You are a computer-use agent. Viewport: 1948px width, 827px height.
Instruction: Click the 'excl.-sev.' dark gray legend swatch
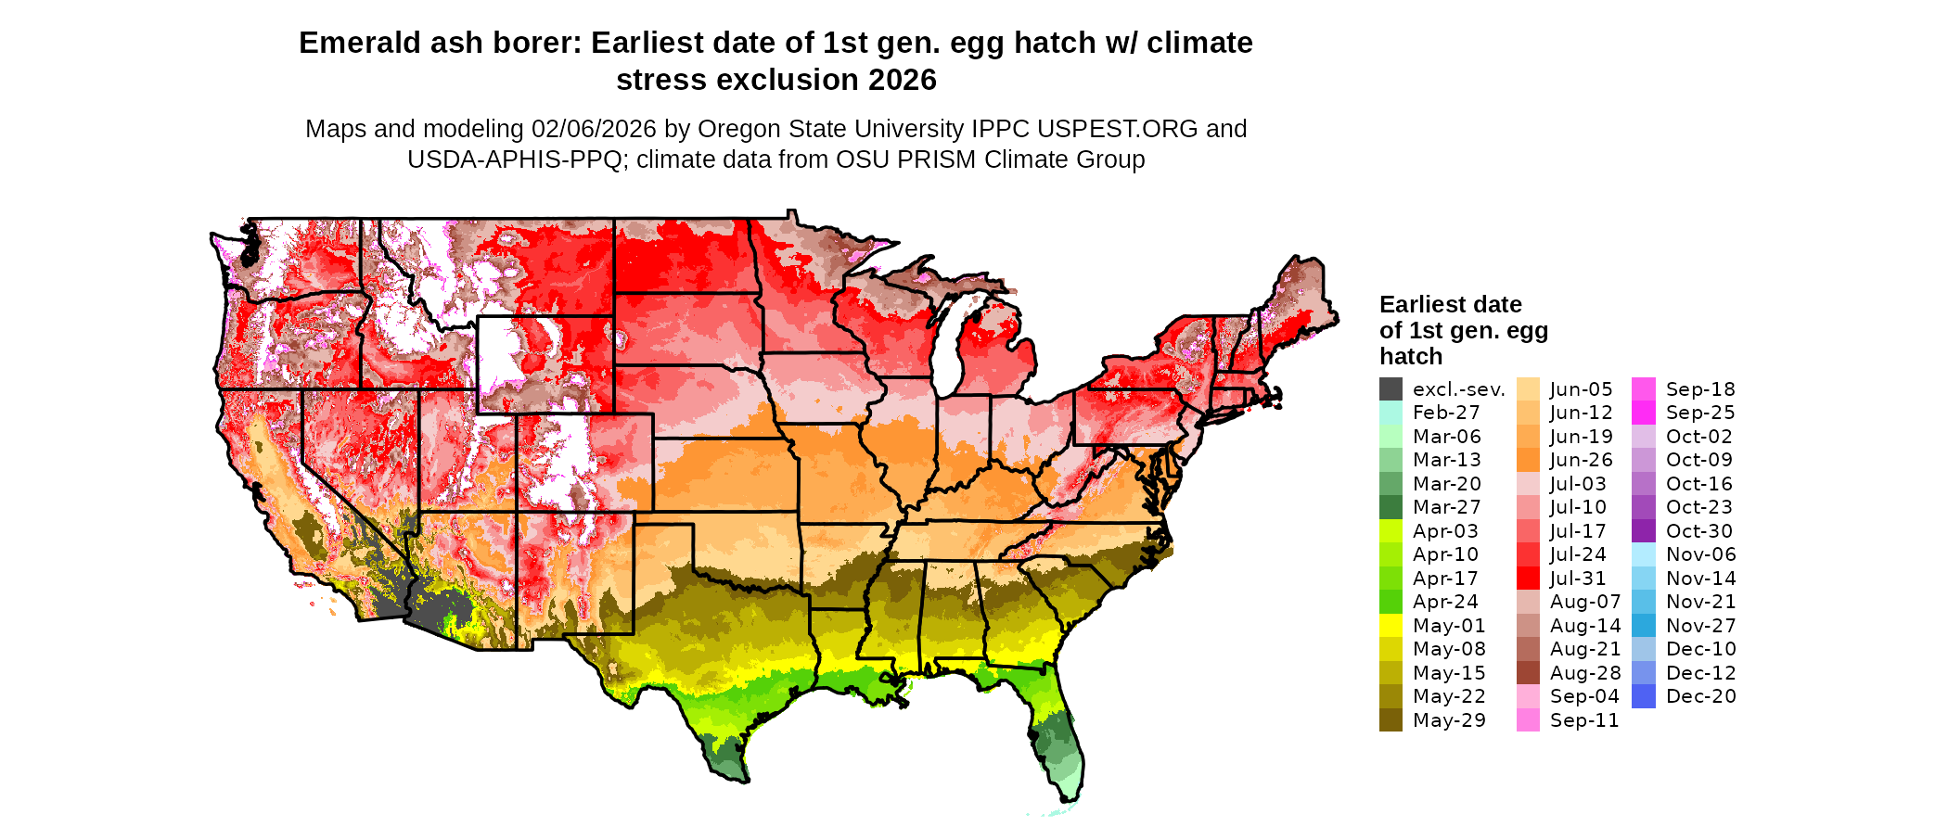coord(1391,389)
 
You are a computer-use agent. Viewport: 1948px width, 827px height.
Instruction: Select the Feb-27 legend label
coord(1446,413)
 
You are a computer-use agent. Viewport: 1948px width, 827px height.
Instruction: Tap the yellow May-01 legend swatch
coord(1391,626)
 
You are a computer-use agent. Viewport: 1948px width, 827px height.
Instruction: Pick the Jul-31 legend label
coord(1578,579)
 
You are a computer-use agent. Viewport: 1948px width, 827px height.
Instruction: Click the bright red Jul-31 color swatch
coord(1528,579)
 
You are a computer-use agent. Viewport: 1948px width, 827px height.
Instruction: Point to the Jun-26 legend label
coord(1582,460)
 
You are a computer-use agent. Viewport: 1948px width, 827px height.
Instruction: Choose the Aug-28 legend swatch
coord(1528,673)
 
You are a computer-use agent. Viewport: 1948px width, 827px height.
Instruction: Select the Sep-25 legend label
coord(1700,413)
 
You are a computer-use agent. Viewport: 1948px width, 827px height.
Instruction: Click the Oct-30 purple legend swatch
coord(1643,531)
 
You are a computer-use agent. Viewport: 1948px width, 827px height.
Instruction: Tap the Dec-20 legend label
coord(1701,696)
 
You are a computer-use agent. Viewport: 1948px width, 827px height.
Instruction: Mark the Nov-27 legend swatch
coord(1643,626)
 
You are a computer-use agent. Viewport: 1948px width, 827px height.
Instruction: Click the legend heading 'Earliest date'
coord(1450,305)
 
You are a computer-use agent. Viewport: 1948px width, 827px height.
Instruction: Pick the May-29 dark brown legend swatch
coord(1391,720)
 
